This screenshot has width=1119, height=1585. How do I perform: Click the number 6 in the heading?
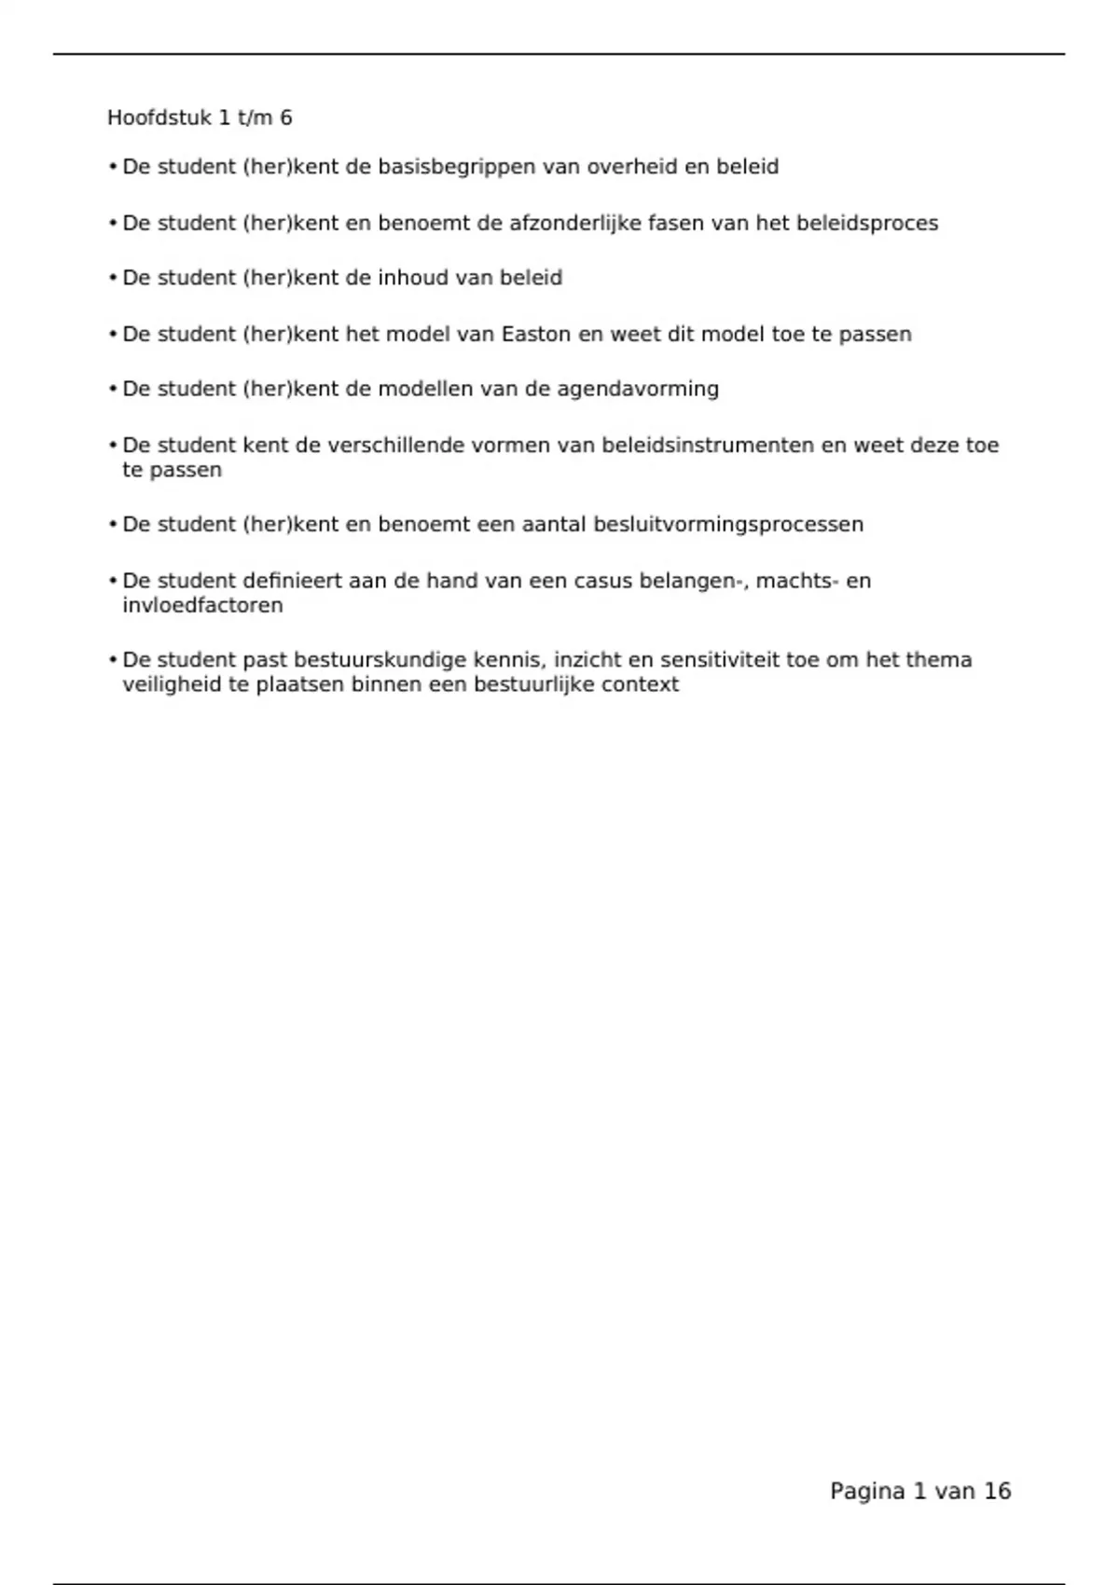(x=285, y=117)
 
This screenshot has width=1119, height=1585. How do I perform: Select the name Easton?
(x=536, y=334)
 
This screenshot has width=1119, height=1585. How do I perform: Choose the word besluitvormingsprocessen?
(x=728, y=525)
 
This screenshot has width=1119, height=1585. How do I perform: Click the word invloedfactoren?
(x=202, y=605)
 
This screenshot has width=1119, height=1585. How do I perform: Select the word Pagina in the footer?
(x=867, y=1492)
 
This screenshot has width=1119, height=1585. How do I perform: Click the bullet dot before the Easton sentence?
(x=113, y=334)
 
